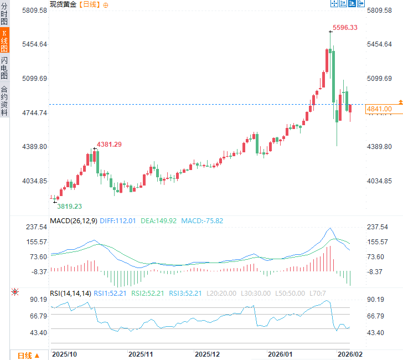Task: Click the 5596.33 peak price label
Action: [x=345, y=28]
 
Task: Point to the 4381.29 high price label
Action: [x=110, y=145]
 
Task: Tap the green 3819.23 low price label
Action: [x=70, y=206]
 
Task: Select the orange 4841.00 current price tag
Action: [x=379, y=109]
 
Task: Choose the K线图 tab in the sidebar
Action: [x=4, y=41]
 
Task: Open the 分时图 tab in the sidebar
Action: [x=4, y=14]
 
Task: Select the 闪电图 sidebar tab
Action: [x=4, y=68]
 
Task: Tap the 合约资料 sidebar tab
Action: [x=4, y=100]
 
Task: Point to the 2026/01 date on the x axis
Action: [x=280, y=353]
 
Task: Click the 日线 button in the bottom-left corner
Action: [x=28, y=356]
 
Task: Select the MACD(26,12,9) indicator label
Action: [x=74, y=220]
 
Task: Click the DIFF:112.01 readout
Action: [x=118, y=220]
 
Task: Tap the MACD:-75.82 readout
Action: [x=201, y=220]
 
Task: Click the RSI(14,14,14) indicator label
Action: [x=70, y=293]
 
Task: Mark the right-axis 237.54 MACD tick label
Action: [x=378, y=227]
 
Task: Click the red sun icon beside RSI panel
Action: [x=15, y=292]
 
